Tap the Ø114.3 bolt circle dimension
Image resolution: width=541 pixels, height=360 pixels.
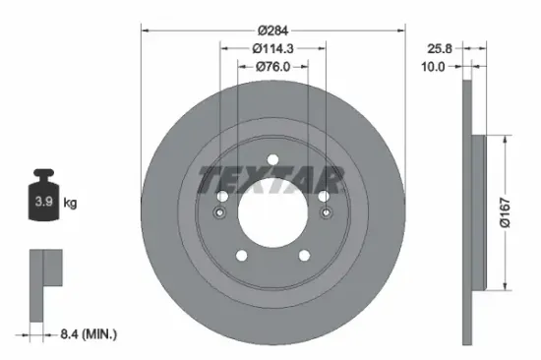click(x=273, y=47)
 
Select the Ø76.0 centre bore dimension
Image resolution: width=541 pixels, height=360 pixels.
click(x=273, y=68)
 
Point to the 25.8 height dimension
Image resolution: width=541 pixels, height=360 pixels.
click(x=438, y=46)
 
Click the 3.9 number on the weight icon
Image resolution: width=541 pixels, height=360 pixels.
click(x=44, y=204)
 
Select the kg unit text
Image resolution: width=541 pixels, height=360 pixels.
click(x=71, y=204)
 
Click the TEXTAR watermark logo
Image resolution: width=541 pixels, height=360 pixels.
click(x=272, y=180)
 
